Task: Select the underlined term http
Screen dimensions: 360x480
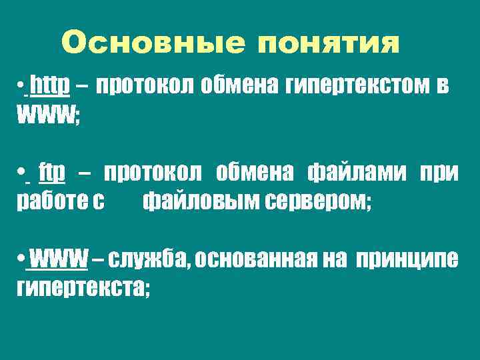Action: (51, 85)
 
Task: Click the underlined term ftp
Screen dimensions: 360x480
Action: (52, 173)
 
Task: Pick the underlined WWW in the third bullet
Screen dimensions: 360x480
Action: (59, 257)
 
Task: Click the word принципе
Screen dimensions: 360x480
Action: (407, 258)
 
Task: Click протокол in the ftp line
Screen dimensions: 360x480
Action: (153, 173)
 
